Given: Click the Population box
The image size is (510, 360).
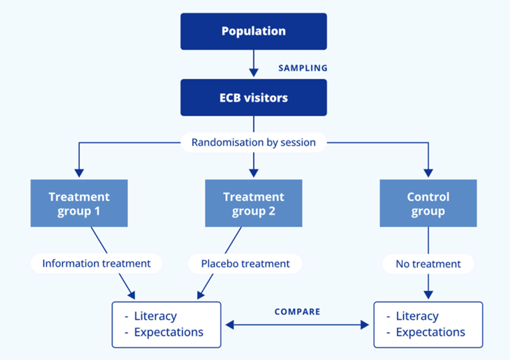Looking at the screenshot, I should click(x=253, y=31).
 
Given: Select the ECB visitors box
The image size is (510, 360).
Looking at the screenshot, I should click(x=253, y=97).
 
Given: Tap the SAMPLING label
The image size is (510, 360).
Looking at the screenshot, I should click(x=303, y=68).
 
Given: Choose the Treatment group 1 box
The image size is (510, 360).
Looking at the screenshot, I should click(x=79, y=204).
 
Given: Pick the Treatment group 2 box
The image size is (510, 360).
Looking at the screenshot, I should click(x=253, y=204).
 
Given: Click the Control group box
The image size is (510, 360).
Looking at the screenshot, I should click(x=428, y=204).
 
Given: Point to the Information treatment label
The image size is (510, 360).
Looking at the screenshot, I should click(x=97, y=264).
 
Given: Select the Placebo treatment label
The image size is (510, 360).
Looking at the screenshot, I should click(x=246, y=264).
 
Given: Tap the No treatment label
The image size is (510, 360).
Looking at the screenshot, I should click(x=428, y=264).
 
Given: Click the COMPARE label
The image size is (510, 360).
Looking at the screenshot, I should click(x=297, y=311).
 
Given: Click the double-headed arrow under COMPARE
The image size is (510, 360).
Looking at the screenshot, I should click(x=298, y=325).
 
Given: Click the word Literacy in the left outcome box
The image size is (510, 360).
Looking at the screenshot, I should click(x=155, y=317).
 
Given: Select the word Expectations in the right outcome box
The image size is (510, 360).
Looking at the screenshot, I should click(x=430, y=333).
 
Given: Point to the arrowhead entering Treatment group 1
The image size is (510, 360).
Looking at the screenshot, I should click(x=79, y=174).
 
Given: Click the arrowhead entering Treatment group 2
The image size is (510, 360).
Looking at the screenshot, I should click(x=253, y=174).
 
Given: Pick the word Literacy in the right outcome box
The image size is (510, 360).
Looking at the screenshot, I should click(x=417, y=317).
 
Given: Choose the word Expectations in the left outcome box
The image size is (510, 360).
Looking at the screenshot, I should click(x=168, y=333).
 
